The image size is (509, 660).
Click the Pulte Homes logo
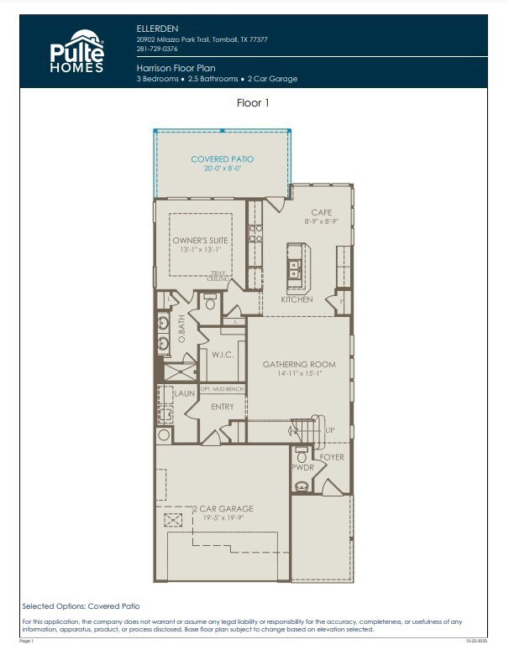[76, 51]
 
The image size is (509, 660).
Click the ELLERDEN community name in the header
[157, 28]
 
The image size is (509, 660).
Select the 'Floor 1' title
[254, 103]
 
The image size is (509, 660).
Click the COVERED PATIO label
[222, 159]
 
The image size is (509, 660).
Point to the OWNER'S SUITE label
[199, 240]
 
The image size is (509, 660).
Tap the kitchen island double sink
[296, 268]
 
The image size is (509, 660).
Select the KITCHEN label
[296, 299]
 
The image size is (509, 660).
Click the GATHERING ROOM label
[299, 364]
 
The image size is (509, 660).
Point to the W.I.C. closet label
[222, 355]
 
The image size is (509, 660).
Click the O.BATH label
[181, 334]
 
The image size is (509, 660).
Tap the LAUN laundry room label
[184, 392]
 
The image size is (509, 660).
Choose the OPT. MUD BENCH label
[222, 390]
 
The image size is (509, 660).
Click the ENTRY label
[223, 407]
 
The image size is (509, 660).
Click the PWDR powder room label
[302, 466]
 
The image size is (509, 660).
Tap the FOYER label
[332, 457]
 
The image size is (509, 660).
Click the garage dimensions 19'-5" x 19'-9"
[222, 519]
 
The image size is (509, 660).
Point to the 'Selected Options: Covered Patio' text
[81, 605]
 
